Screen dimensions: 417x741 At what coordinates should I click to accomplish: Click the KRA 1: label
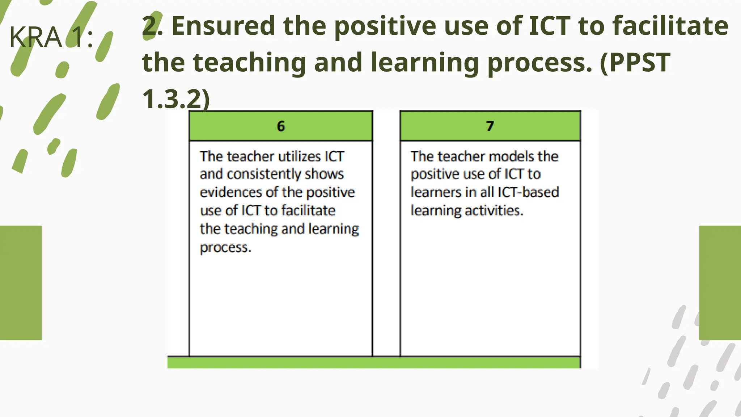[x=51, y=37]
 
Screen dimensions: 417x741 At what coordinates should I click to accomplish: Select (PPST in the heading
[x=635, y=62]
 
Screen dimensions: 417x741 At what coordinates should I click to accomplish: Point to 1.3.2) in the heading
[x=176, y=98]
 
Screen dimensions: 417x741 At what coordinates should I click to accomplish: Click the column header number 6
[x=281, y=126]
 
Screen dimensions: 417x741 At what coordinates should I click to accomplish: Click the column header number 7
[x=490, y=126]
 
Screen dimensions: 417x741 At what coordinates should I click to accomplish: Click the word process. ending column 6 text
[x=225, y=247]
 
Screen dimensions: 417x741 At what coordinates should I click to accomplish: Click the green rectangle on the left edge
[x=21, y=283]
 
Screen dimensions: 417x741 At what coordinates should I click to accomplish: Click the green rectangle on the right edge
[x=720, y=283]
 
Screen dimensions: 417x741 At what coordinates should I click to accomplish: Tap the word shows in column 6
[x=324, y=174]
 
